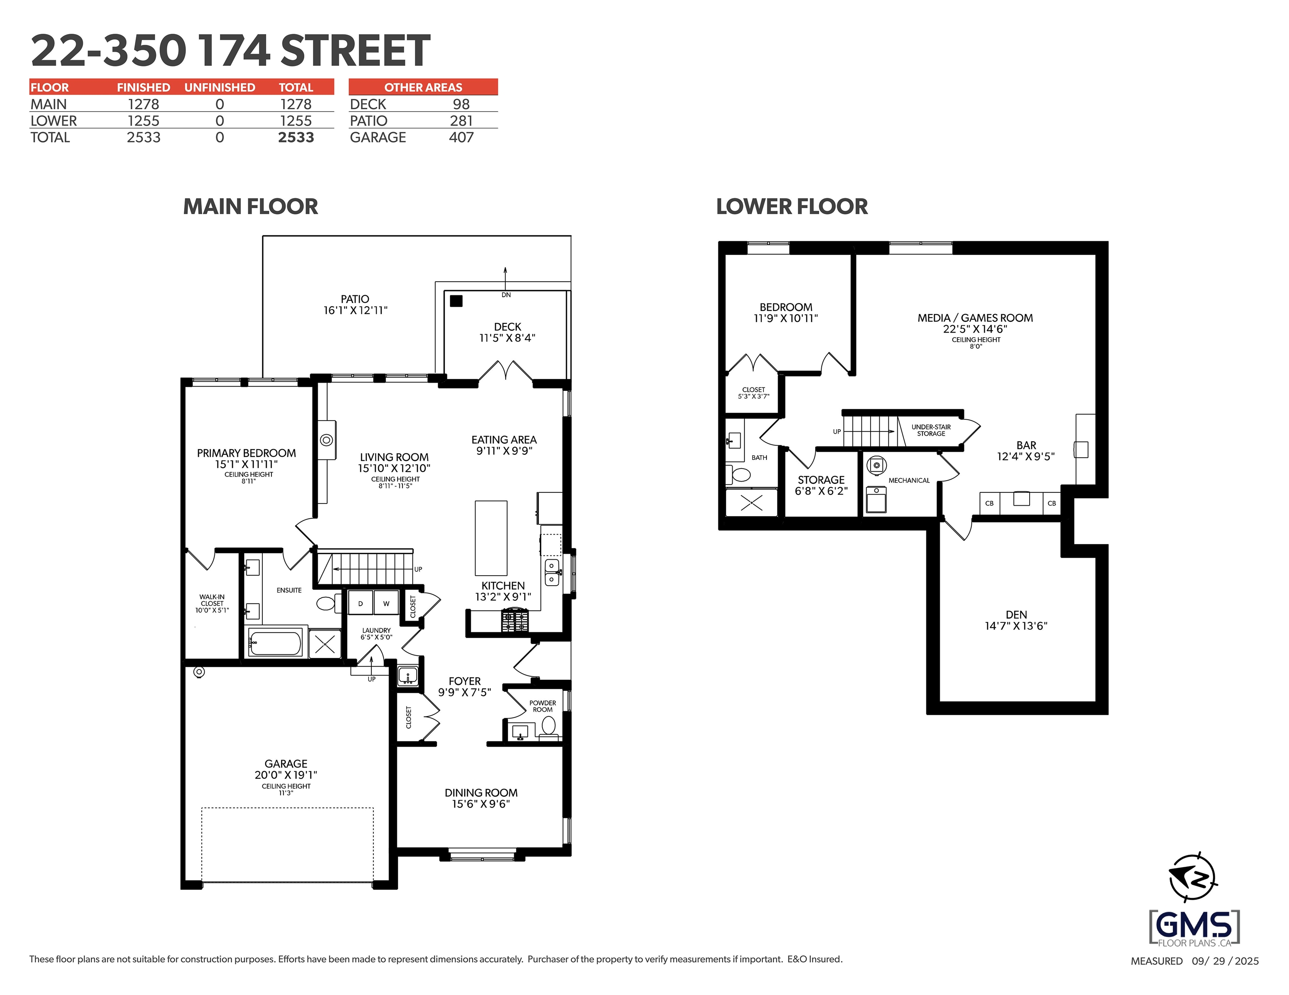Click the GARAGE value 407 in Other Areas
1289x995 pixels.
tap(461, 137)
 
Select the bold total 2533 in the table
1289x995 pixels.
tap(296, 137)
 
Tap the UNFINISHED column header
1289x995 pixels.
tap(220, 87)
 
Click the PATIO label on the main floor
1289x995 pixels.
tap(355, 299)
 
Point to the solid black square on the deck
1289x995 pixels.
tap(456, 301)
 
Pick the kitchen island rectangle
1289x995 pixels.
tap(491, 538)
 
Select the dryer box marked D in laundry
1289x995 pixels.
tap(361, 603)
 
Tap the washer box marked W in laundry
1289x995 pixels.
tap(386, 603)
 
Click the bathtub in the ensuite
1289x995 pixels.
tap(275, 642)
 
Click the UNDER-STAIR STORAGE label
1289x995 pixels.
tap(931, 430)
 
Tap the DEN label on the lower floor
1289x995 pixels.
tap(1016, 615)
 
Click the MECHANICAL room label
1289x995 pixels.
tap(908, 481)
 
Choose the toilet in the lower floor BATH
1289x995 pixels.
tap(740, 474)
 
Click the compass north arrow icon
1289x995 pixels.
tap(1192, 877)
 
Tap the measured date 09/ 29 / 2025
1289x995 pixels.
tap(1225, 961)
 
